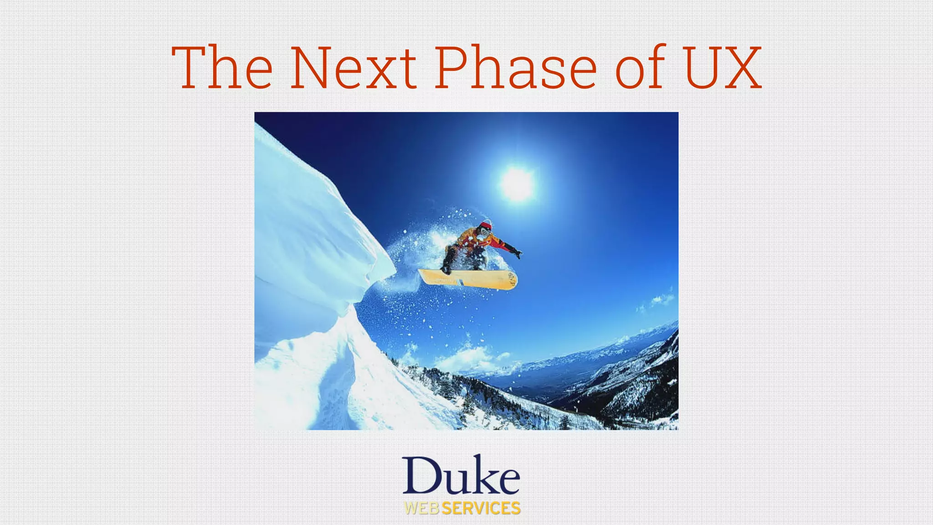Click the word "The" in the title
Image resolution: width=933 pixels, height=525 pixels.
tap(222, 67)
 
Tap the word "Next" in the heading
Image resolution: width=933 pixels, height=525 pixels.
tap(353, 67)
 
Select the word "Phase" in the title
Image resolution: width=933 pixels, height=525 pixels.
tap(515, 67)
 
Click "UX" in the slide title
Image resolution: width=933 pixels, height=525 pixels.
tap(723, 67)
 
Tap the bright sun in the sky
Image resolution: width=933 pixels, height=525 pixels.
tap(517, 183)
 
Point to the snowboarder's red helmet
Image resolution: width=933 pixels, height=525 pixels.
tap(486, 225)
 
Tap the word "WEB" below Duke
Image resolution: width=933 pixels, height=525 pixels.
tap(422, 508)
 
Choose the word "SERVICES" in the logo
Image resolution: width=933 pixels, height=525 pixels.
tap(481, 508)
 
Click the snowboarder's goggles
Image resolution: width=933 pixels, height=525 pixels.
tap(485, 232)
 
